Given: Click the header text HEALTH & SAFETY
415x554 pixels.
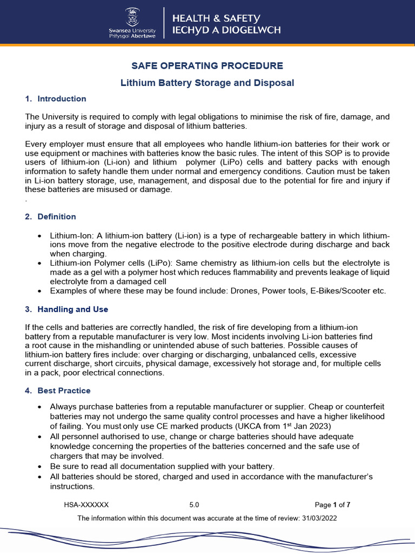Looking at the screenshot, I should coord(216,18).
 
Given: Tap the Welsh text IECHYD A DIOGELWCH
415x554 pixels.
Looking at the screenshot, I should coord(226,30).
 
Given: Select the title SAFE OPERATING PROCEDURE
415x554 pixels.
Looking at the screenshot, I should coord(207,66).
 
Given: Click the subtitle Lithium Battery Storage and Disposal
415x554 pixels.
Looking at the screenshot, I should coord(207,83).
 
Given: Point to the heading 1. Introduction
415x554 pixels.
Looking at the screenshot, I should coord(56,98).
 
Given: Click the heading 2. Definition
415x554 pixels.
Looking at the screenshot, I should coord(51,216).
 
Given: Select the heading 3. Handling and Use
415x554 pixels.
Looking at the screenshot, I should coord(66,309).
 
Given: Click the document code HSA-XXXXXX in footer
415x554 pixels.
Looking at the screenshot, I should coord(86,505).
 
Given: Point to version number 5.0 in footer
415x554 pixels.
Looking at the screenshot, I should coord(194,505).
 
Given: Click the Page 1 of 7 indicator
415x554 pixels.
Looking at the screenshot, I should coord(332,505).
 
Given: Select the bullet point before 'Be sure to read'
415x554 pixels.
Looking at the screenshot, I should coord(40,466).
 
